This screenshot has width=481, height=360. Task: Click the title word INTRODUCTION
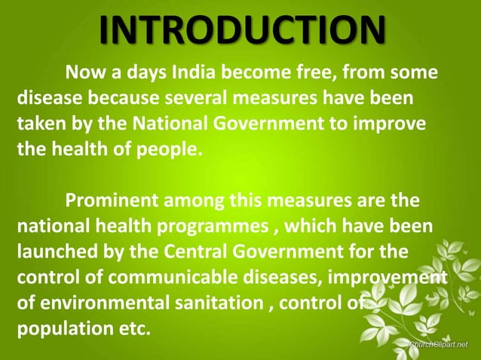click(x=240, y=29)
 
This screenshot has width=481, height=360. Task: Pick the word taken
click(x=38, y=124)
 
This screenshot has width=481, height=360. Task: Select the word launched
click(x=51, y=252)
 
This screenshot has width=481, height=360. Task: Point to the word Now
click(x=84, y=73)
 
